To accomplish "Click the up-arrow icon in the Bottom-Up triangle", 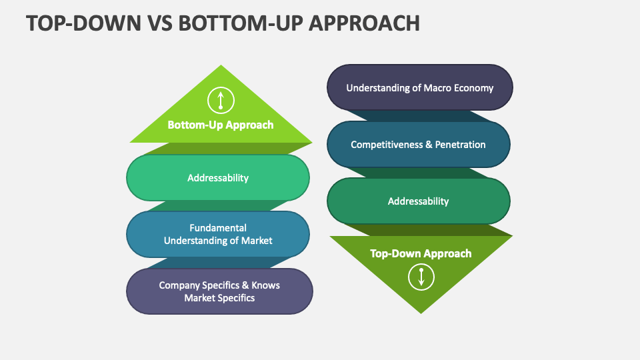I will pos(221,101).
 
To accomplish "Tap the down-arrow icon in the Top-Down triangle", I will pos(421,277).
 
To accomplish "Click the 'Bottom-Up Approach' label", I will pos(221,125).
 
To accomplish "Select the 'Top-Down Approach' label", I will pos(421,253).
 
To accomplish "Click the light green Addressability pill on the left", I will pos(218,178).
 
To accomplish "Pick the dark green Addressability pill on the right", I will pos(419,201).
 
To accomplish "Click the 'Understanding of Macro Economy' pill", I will pos(420,87).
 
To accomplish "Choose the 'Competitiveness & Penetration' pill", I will pos(419,144).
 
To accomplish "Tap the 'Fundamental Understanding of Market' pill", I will pos(218,234).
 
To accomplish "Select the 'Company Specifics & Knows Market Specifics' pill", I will pos(219,291).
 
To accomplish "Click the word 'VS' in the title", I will pos(155,23).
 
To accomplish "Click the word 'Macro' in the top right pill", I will pos(438,87).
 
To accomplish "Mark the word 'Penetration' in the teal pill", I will pos(461,144).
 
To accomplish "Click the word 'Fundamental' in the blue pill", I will pos(218,228).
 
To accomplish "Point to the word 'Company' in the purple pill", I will pos(178,285).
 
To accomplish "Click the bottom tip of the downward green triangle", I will pos(421,312).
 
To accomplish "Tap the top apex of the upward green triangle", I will pos(221,67).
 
